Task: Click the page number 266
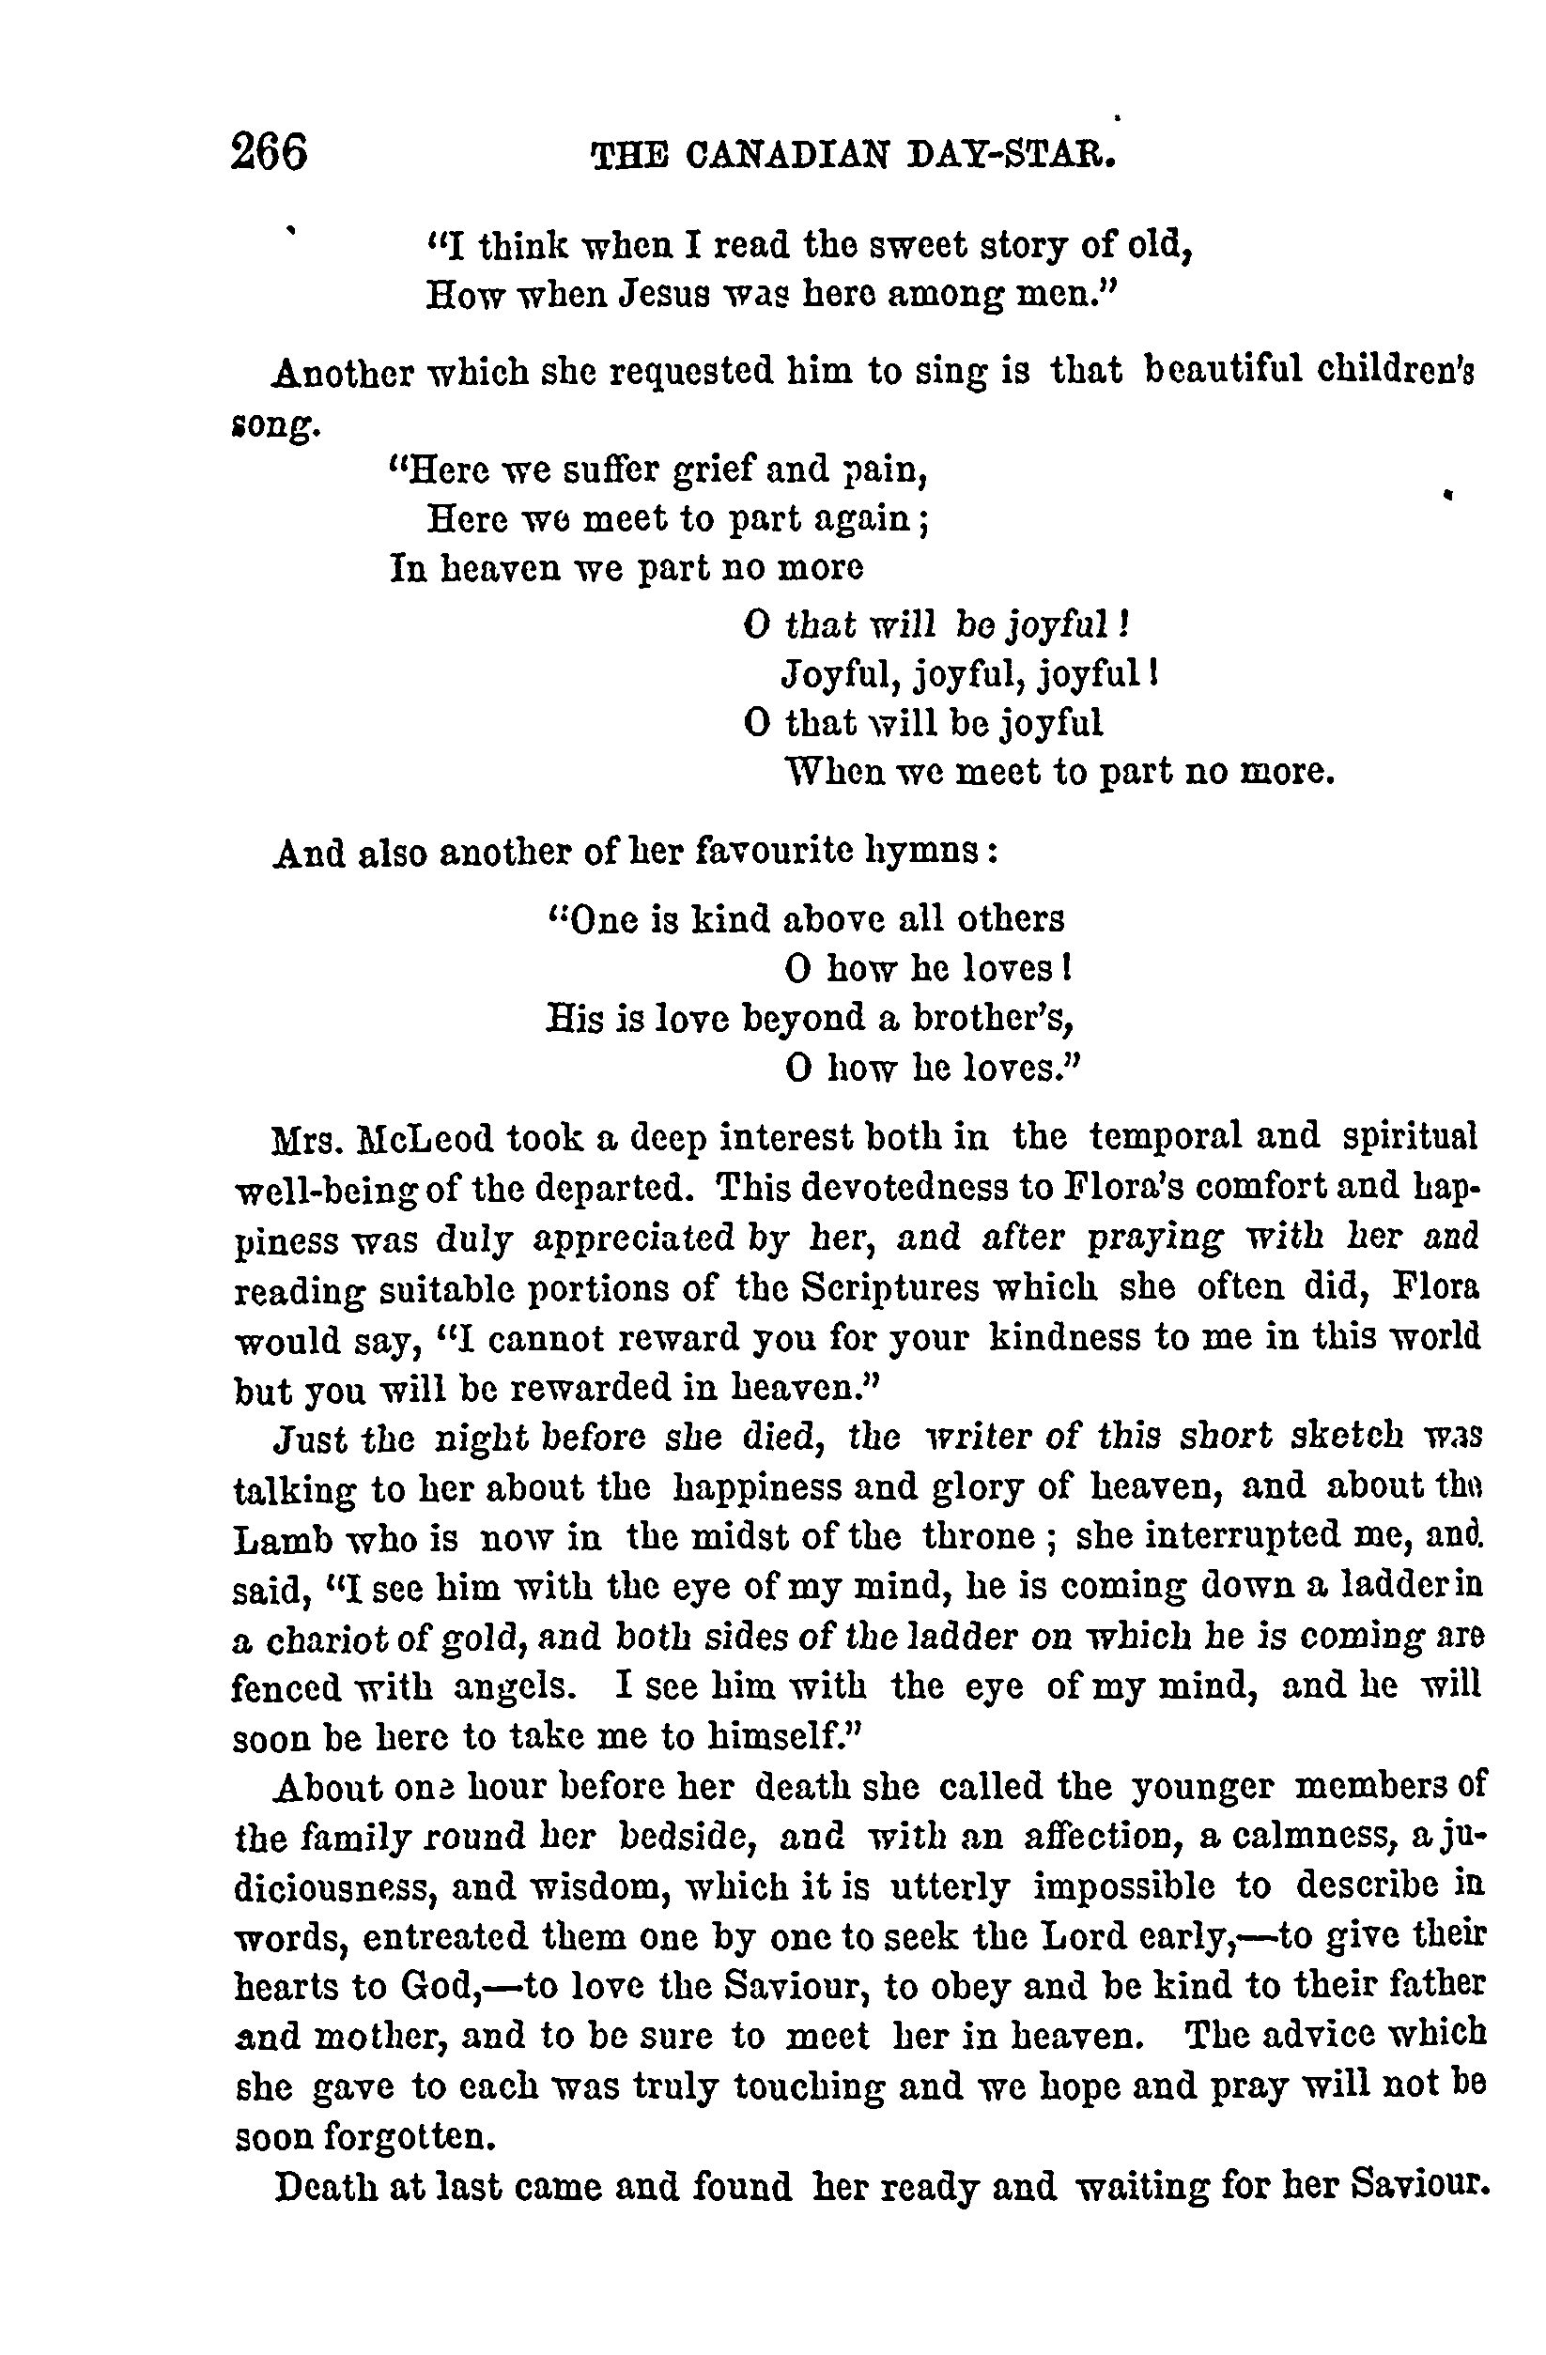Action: point(270,153)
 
